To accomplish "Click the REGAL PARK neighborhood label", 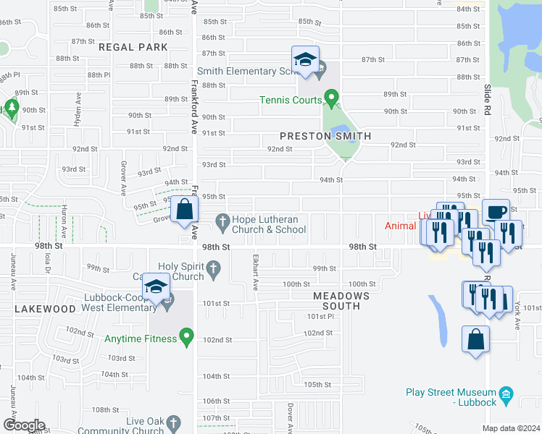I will tap(133, 47).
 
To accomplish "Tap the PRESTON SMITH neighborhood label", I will tap(325, 136).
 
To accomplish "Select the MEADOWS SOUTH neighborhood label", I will tap(341, 301).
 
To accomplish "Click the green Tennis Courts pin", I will tap(331, 96).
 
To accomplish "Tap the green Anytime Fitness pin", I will tap(187, 336).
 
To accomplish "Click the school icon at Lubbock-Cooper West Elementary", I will tap(157, 287).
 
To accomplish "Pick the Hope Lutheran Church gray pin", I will tap(222, 221).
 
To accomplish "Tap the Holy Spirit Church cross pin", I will tap(213, 270).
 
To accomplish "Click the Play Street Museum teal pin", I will tap(507, 395).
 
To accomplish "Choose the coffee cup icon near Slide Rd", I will tap(496, 213).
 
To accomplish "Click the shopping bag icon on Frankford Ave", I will tap(185, 210).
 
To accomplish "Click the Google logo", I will tap(23, 425).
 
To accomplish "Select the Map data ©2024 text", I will tap(511, 428).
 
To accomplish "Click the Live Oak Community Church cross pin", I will tap(172, 422).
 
